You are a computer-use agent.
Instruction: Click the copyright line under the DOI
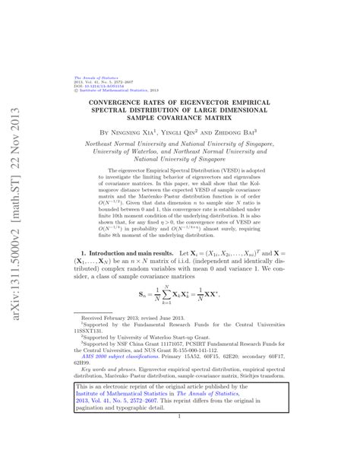[x=106, y=90]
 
